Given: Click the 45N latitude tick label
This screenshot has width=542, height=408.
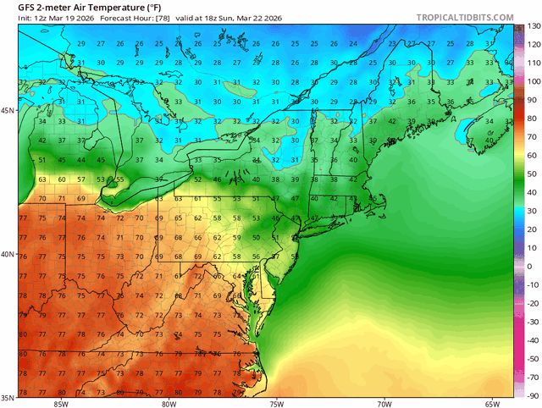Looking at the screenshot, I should coord(8,111).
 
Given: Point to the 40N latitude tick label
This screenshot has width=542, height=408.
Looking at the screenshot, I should coord(8,254).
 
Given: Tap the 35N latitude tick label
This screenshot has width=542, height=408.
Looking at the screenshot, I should coord(8,397).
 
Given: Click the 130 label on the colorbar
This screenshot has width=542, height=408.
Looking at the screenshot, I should coord(531,26).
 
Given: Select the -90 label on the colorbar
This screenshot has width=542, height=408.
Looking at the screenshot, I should coord(531,395).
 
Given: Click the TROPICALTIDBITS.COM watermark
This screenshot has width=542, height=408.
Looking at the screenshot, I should coord(465,17).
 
